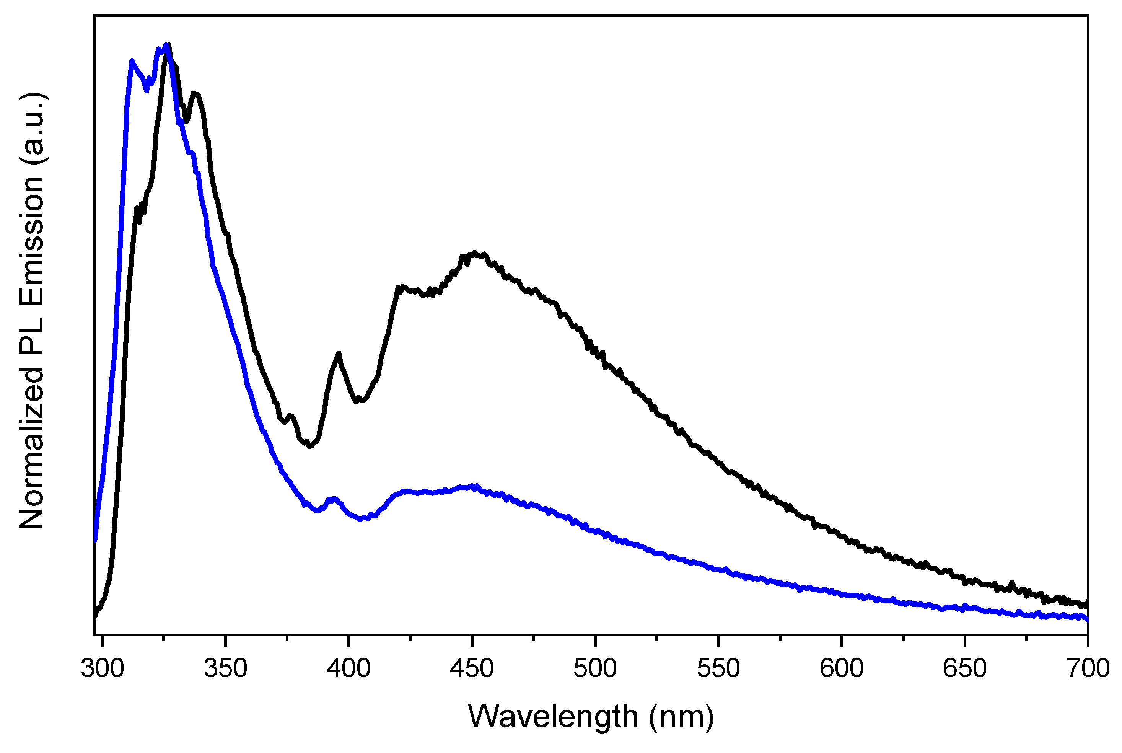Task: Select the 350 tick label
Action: pyautogui.click(x=226, y=668)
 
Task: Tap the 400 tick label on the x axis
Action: pyautogui.click(x=348, y=668)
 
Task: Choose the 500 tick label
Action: pyautogui.click(x=595, y=668)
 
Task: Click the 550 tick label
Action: pyautogui.click(x=718, y=668)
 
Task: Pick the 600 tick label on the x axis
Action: pyautogui.click(x=842, y=668)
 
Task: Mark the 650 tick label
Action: pyautogui.click(x=964, y=668)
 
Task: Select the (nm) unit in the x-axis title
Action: pyautogui.click(x=681, y=717)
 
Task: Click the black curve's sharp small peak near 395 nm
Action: pyautogui.click(x=339, y=354)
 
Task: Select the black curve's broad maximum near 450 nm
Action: pyautogui.click(x=474, y=253)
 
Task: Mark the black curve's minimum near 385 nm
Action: pyautogui.click(x=310, y=446)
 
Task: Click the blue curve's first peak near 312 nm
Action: pyautogui.click(x=132, y=61)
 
